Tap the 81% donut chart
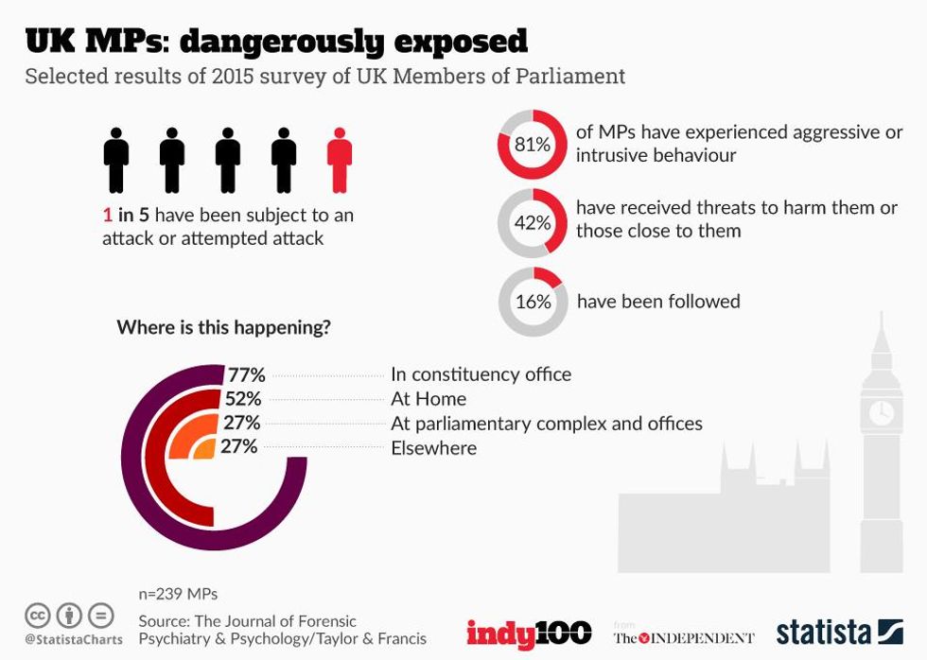tap(532, 145)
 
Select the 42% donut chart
tap(532, 222)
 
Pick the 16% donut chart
tap(532, 302)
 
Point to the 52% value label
tap(242, 398)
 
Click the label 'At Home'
tap(429, 399)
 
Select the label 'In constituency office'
tap(481, 374)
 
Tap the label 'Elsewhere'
tap(433, 447)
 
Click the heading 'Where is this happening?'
tap(223, 328)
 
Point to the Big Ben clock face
tap(881, 412)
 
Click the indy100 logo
tap(528, 633)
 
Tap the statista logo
tap(839, 632)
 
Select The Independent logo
tap(683, 636)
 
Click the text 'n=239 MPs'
tap(178, 594)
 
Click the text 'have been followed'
tap(658, 302)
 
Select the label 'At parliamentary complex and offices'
tap(547, 423)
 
